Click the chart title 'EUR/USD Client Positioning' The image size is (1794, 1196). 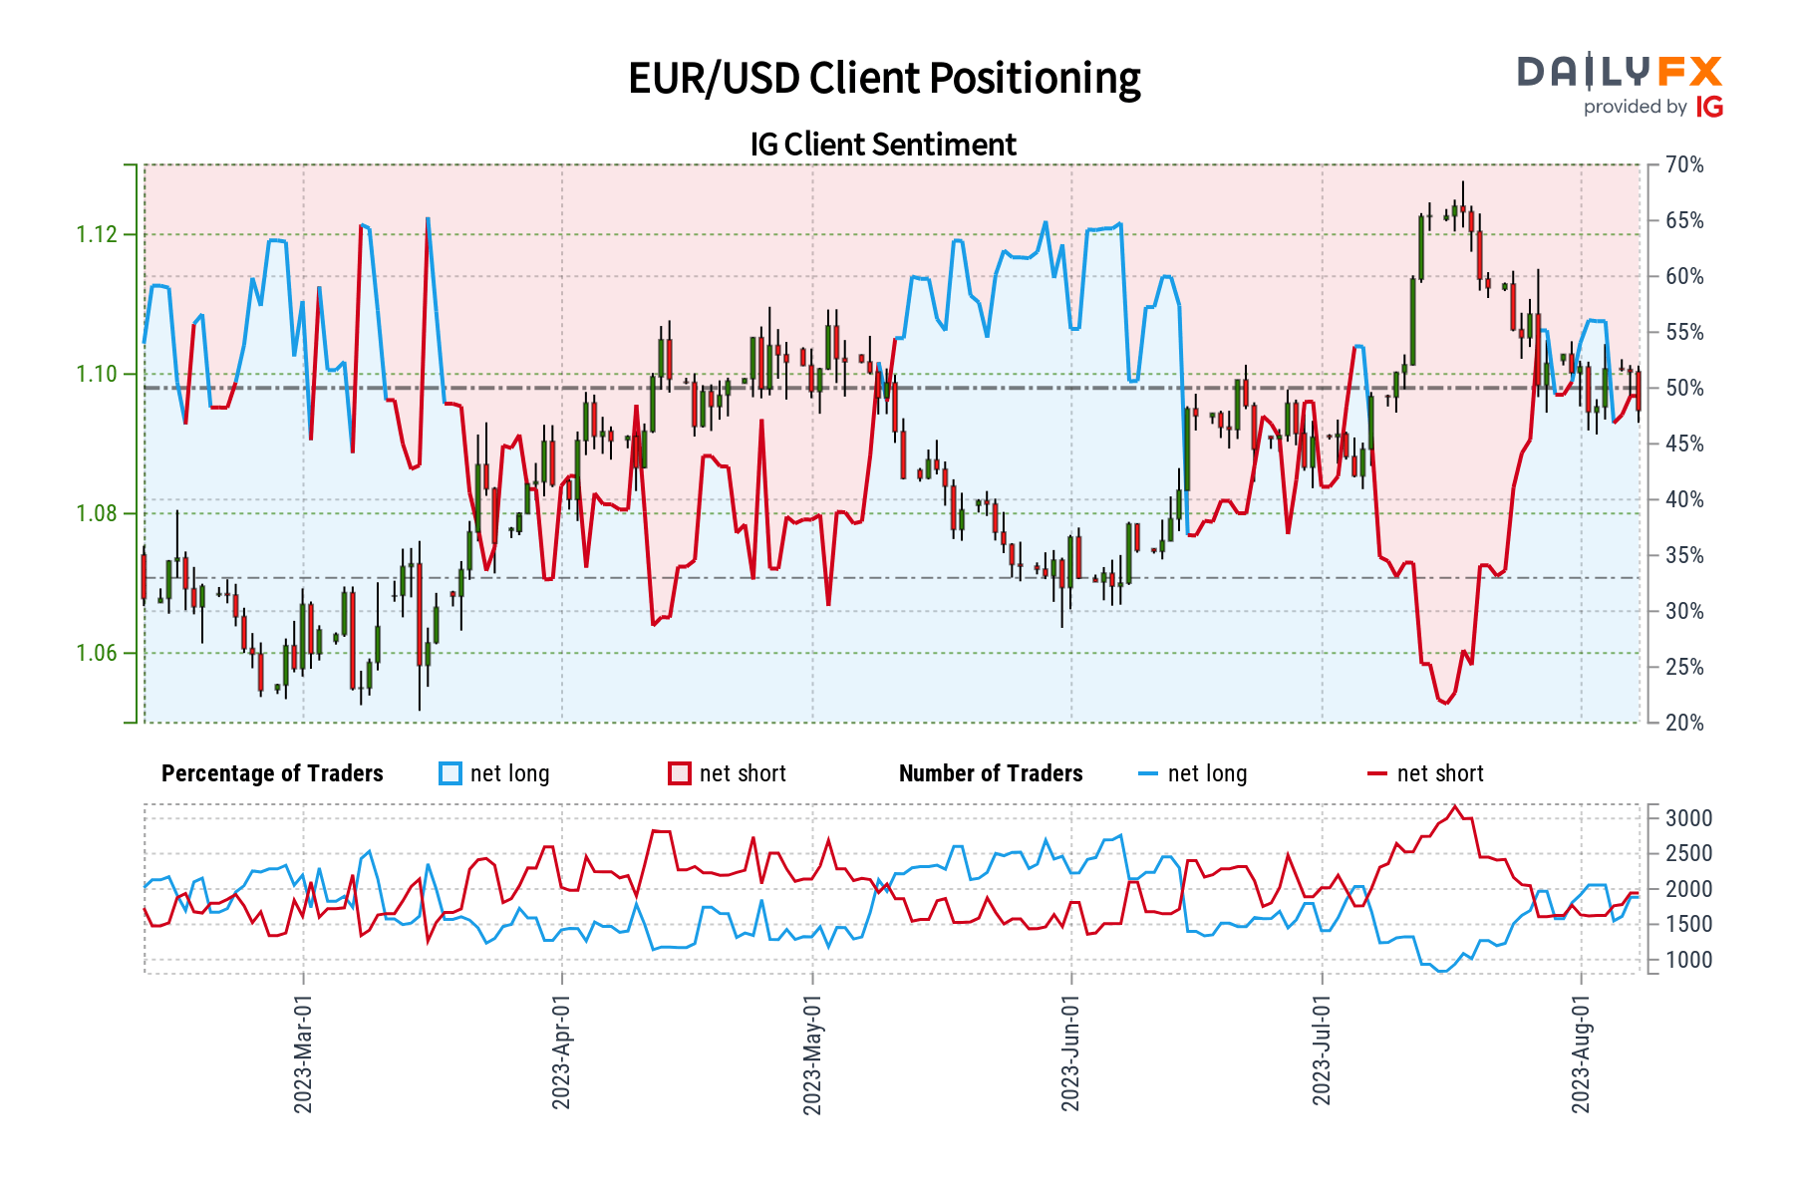(884, 79)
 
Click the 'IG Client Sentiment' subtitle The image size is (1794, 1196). (883, 145)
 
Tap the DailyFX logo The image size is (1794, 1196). (1619, 72)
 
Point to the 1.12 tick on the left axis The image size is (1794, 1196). (97, 235)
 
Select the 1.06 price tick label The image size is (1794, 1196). (97, 654)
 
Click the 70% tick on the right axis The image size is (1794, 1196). (1684, 165)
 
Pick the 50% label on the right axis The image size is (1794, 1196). (1684, 389)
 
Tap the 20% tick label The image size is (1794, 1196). (1684, 723)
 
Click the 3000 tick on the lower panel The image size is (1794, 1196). (1688, 819)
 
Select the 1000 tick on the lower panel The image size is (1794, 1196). (1688, 961)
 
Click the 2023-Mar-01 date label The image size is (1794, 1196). (303, 1054)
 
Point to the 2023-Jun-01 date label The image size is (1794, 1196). (1070, 1054)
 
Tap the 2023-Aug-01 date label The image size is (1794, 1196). (1581, 1054)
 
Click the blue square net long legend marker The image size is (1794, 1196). (450, 774)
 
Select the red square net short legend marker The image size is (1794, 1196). (680, 774)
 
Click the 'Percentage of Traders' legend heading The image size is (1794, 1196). (272, 774)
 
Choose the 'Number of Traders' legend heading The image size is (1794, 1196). (991, 774)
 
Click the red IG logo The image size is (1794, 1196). (1709, 107)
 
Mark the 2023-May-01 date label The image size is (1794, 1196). (812, 1054)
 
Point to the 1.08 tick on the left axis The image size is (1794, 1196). (97, 514)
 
